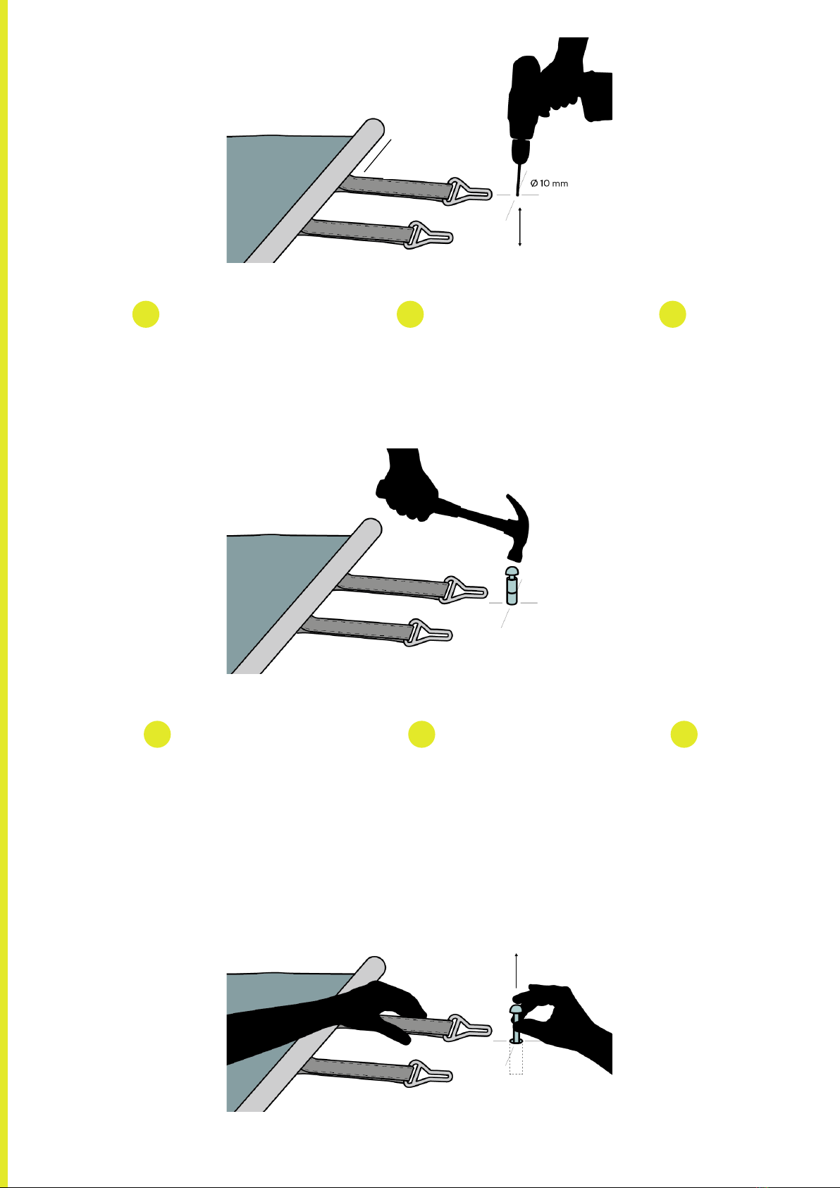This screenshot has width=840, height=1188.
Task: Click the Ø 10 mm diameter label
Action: (549, 183)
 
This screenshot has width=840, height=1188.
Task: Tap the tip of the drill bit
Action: (517, 195)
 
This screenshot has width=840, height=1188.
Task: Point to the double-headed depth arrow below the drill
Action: (520, 227)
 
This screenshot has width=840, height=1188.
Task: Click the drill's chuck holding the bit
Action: (521, 150)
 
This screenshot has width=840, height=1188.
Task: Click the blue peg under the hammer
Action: (512, 585)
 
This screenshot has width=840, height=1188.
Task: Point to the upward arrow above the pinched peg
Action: (516, 971)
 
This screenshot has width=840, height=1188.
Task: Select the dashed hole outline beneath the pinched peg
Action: (516, 1059)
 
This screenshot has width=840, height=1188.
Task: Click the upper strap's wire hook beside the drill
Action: (469, 192)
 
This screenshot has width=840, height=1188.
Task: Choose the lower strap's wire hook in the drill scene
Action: (429, 235)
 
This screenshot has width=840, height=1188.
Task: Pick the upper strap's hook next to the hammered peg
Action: (464, 589)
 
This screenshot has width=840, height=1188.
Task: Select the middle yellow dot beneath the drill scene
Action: (410, 314)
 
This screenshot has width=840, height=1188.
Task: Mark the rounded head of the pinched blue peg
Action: (516, 1009)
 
